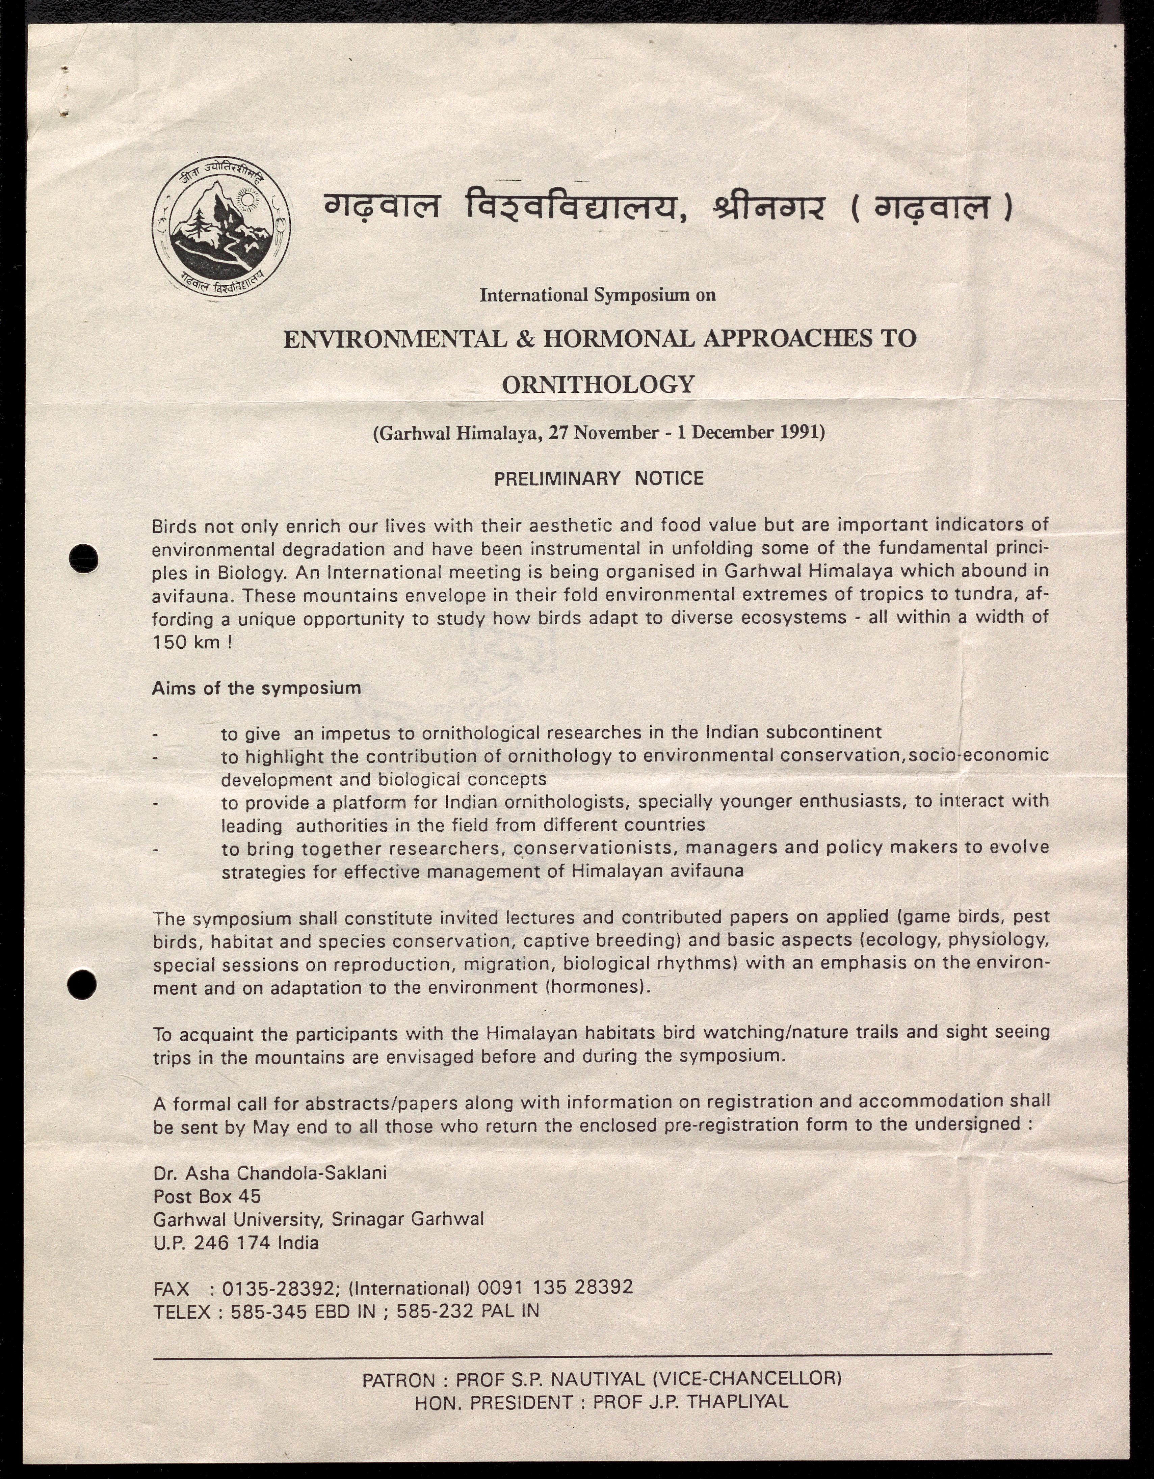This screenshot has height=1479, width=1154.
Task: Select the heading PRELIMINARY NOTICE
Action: click(x=599, y=479)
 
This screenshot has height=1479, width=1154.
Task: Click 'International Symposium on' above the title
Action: click(x=597, y=295)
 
